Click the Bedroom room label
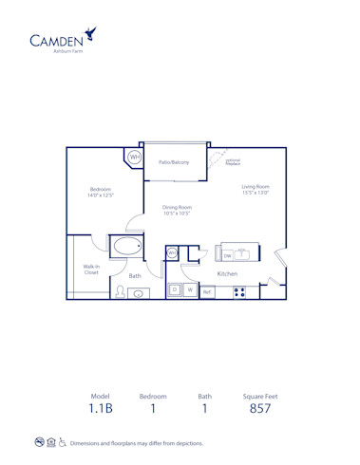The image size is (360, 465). tap(101, 192)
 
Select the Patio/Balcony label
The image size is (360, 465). tap(174, 162)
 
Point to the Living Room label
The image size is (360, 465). tap(256, 190)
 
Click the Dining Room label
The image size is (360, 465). tap(178, 211)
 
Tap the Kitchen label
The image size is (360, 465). tap(227, 273)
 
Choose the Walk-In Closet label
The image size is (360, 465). tap(92, 270)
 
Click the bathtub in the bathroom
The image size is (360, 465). tap(126, 248)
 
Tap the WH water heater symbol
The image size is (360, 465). tap(134, 157)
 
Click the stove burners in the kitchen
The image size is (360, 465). tap(239, 290)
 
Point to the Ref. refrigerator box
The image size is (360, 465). tap(206, 291)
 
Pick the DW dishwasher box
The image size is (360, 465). tap(228, 255)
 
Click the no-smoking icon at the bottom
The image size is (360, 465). tap(39, 442)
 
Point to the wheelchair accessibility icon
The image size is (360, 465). tap(63, 442)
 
